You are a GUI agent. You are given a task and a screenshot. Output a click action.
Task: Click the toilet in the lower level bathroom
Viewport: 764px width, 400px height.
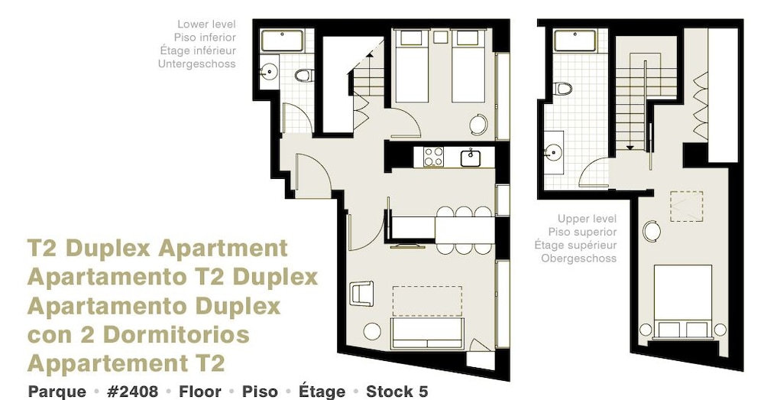(x=305, y=75)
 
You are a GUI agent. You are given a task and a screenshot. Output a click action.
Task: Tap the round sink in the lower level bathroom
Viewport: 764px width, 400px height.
(x=269, y=72)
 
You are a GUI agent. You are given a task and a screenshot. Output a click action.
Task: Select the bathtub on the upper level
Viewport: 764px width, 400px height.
(x=575, y=41)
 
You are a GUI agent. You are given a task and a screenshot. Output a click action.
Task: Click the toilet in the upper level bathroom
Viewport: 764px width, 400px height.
(x=563, y=89)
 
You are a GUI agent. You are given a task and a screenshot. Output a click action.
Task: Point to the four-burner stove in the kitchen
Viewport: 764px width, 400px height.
(x=433, y=157)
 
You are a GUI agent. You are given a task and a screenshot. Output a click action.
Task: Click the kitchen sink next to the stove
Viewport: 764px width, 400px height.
(x=471, y=158)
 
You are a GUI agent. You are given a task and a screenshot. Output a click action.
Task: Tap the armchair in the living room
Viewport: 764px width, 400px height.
(x=361, y=293)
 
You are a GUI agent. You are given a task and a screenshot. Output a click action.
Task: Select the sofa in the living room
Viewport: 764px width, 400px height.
(x=427, y=333)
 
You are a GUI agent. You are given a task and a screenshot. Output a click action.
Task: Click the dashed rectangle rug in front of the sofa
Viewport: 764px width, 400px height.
(x=427, y=301)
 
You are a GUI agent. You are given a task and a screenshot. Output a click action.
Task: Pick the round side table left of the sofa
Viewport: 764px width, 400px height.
(x=372, y=332)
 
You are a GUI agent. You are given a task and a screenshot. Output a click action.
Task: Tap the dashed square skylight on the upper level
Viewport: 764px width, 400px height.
(x=687, y=207)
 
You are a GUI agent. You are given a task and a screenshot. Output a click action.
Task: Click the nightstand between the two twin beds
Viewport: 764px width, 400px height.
(x=441, y=37)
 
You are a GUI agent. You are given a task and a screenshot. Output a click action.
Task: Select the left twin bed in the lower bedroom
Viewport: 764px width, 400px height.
(x=412, y=66)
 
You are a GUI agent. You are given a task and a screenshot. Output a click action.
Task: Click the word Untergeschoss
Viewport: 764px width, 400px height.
(x=197, y=64)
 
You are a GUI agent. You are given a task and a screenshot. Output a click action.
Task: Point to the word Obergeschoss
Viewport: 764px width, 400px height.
(x=579, y=259)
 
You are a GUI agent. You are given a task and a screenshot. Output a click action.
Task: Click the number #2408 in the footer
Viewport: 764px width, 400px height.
(x=132, y=392)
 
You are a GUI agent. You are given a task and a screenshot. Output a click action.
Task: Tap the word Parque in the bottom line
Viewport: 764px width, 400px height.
(x=57, y=392)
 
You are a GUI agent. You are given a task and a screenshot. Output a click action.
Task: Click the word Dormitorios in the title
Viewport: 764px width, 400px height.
(x=177, y=335)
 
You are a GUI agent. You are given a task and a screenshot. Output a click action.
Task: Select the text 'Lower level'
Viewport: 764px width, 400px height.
(x=206, y=24)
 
